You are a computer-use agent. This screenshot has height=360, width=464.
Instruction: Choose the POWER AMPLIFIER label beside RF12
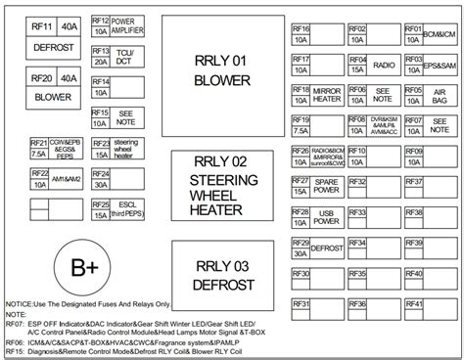(x=129, y=24)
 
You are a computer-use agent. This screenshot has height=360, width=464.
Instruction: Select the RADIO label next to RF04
(x=385, y=65)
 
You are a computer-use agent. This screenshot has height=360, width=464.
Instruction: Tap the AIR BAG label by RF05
(x=440, y=95)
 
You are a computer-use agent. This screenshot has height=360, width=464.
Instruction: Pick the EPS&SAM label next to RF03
(x=440, y=65)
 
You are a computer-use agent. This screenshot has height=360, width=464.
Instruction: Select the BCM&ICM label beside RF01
(x=440, y=34)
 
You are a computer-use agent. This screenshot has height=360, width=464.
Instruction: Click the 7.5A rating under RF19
(x=301, y=130)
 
